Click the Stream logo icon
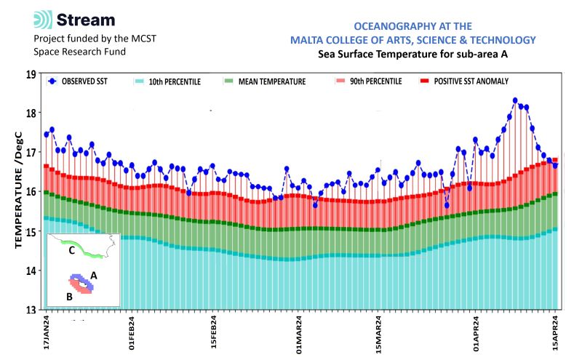tap(44, 20)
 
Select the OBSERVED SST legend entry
tap(76, 81)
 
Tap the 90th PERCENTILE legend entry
tap(368, 81)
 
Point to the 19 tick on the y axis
tap(31, 73)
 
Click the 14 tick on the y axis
tap(31, 271)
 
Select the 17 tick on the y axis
tap(31, 153)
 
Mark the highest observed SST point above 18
tap(515, 100)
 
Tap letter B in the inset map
tap(68, 296)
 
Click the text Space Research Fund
tap(79, 52)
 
